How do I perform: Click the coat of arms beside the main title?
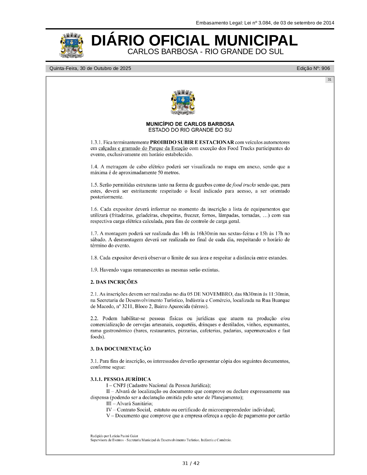72,45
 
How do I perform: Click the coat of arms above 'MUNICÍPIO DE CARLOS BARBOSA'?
183,102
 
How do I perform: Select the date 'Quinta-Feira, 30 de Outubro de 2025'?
90,69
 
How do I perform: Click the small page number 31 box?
329,79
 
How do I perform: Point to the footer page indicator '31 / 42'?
191,463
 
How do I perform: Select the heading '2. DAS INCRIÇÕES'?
114,282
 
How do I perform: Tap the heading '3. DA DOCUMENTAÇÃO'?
120,349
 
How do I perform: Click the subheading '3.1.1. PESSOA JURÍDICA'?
120,379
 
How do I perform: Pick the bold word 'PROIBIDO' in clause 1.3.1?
163,142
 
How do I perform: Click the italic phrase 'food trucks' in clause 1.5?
244,185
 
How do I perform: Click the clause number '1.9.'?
94,270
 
